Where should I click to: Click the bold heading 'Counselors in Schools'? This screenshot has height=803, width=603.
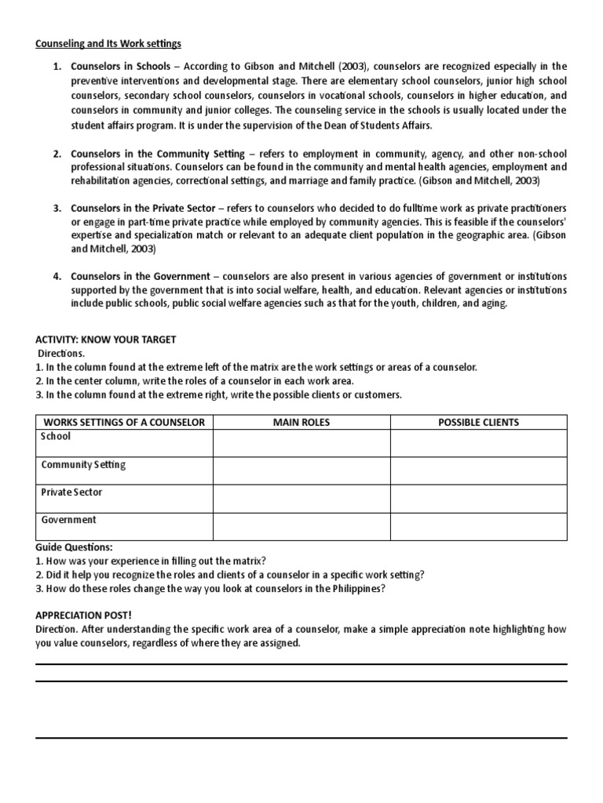click(120, 66)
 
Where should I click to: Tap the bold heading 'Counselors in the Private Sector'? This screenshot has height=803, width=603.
click(142, 209)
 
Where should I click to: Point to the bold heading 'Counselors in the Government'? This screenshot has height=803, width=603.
click(140, 277)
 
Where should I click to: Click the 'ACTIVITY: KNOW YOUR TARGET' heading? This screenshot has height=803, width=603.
click(106, 340)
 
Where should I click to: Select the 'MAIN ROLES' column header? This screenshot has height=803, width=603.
click(301, 422)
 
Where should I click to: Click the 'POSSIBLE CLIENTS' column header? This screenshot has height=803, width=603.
click(478, 422)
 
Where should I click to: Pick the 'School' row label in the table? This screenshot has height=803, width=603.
click(56, 437)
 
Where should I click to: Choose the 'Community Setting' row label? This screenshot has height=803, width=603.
click(83, 465)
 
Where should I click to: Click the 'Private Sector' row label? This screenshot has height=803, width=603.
click(71, 492)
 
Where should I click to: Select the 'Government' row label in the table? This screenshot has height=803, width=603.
click(68, 520)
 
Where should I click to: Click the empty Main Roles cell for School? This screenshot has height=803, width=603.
click(301, 443)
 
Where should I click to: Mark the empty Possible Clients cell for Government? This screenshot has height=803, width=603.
click(478, 526)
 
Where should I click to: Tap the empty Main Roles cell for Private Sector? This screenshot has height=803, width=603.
click(301, 499)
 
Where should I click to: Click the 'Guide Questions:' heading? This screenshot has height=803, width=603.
click(74, 547)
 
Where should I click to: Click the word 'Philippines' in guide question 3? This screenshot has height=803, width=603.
click(360, 589)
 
